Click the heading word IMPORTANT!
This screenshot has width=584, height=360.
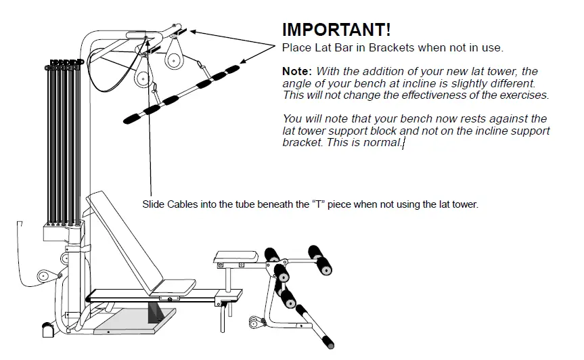point(336,30)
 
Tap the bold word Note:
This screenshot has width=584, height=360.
point(297,71)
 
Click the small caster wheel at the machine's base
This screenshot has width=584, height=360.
point(47,330)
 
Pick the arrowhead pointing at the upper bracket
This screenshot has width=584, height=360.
point(192,30)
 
